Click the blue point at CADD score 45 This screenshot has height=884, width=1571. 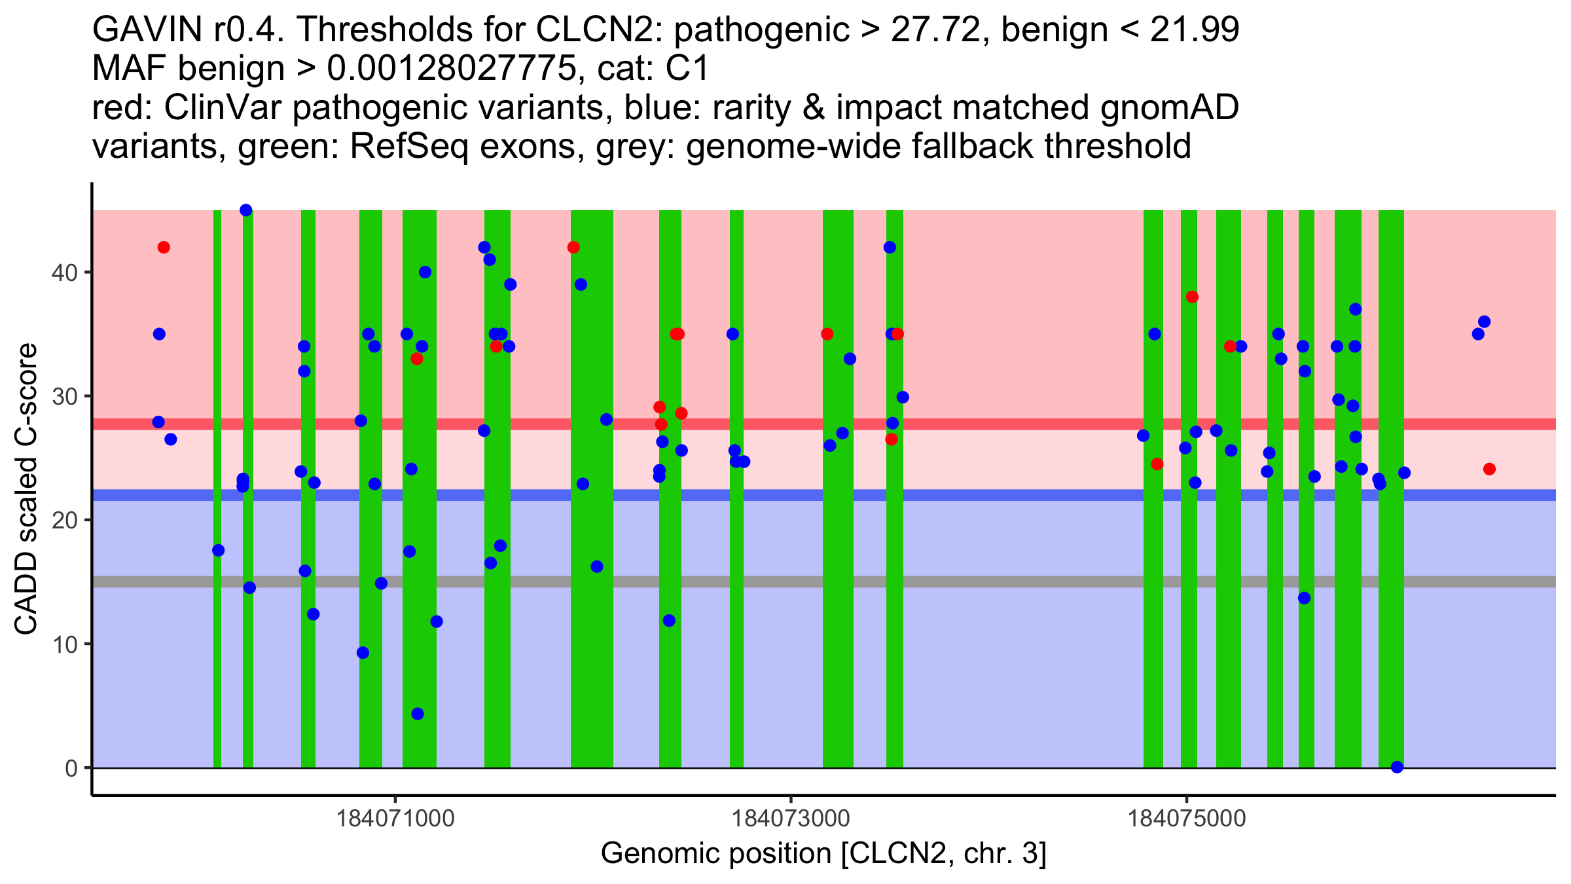[x=246, y=210]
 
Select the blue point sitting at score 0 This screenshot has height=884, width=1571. [x=1397, y=767]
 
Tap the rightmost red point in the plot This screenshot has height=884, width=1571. [x=1489, y=469]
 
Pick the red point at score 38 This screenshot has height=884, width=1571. [x=1192, y=297]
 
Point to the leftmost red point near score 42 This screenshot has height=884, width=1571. [x=164, y=248]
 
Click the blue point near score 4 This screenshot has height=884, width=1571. [x=418, y=714]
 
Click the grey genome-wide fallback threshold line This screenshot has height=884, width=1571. [x=785, y=581]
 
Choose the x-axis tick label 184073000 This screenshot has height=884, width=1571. [x=791, y=819]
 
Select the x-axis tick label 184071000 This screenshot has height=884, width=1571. [x=395, y=819]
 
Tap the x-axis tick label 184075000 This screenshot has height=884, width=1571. [x=1187, y=819]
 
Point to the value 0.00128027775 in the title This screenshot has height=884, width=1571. [x=452, y=68]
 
